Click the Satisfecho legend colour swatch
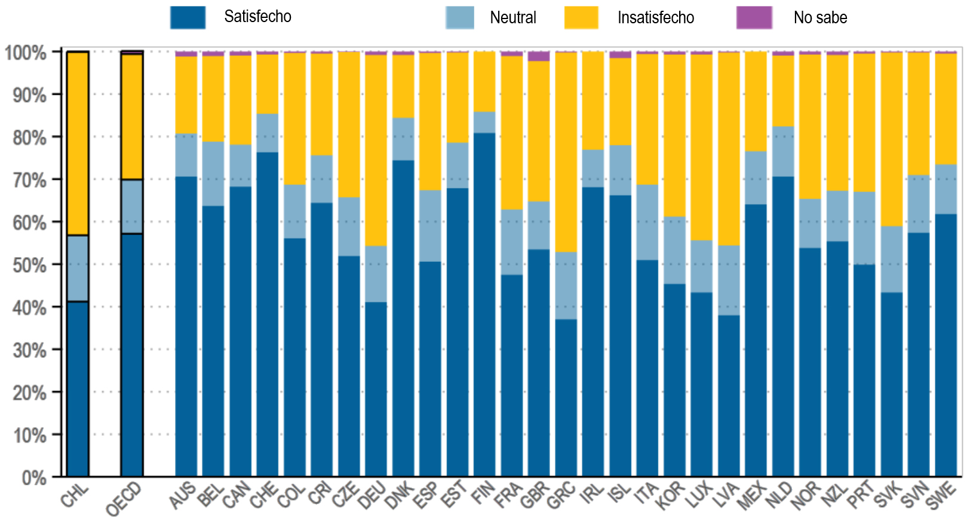coord(188,17)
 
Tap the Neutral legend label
coord(512,18)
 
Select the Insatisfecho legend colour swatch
coord(581,18)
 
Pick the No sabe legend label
coord(819,18)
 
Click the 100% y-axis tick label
coord(26,52)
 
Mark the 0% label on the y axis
coord(33,477)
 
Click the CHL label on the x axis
coord(75,496)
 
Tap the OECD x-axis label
coord(124,499)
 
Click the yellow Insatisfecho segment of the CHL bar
coord(78,143)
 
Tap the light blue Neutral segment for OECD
coord(132,206)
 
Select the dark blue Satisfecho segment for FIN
coord(484,304)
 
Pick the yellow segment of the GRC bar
coord(566,152)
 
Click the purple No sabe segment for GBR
coord(539,56)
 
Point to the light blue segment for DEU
coord(376,274)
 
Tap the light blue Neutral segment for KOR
coord(674,250)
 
